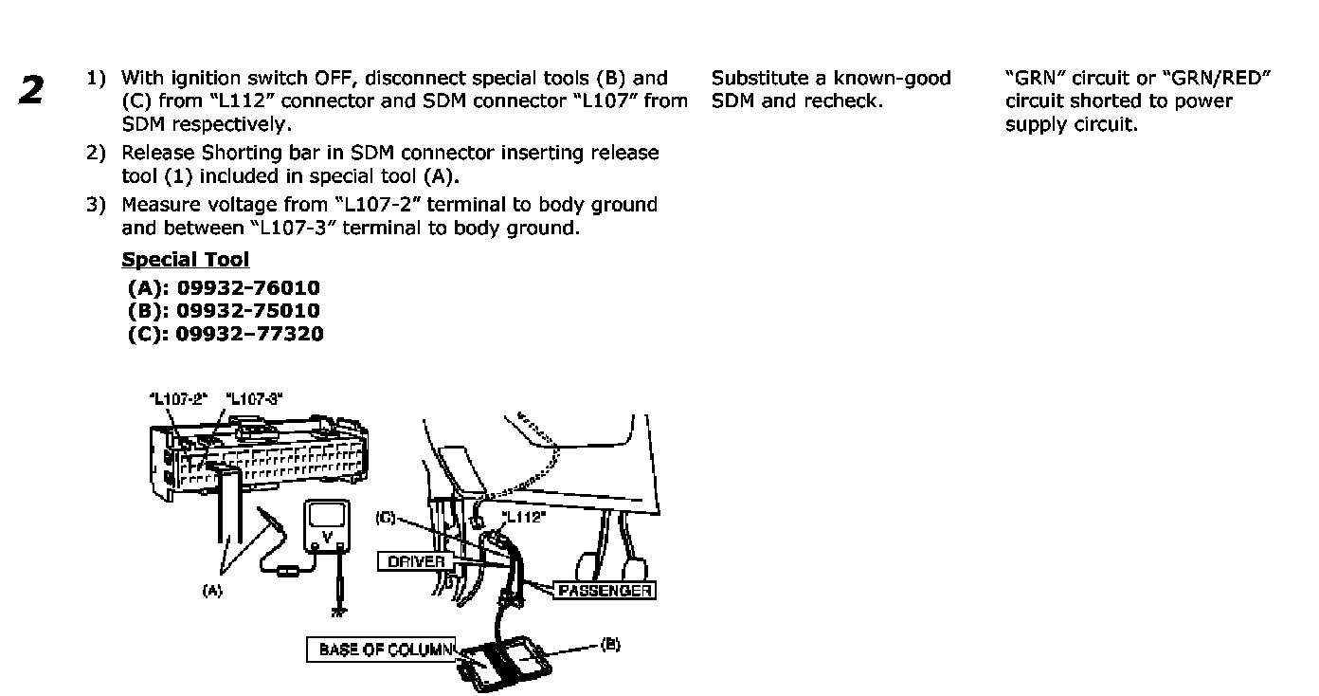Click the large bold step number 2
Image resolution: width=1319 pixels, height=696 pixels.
(31, 89)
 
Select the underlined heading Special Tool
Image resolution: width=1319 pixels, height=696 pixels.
(186, 260)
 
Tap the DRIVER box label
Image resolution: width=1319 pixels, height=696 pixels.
(417, 561)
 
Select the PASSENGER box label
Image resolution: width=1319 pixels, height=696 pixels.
(605, 590)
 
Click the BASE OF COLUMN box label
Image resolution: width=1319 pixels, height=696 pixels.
(381, 650)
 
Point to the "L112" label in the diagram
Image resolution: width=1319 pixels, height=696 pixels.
(524, 518)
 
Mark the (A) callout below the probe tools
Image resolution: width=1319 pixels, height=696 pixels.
(212, 589)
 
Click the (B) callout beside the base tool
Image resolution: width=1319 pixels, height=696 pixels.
(611, 643)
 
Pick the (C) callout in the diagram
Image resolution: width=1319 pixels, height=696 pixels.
(385, 518)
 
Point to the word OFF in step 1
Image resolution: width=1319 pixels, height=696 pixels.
(341, 78)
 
